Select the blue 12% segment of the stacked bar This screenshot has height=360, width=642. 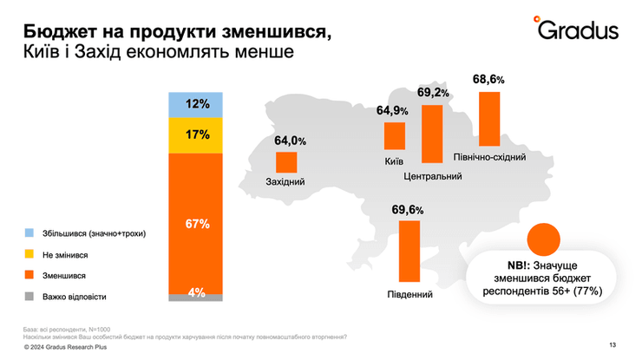tap(196, 104)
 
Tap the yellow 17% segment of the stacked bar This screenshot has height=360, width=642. tap(196, 134)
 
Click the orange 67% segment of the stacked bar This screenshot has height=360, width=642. tap(196, 223)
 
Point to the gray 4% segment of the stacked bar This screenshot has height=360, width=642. tap(196, 294)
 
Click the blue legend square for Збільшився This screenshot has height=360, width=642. tap(29, 233)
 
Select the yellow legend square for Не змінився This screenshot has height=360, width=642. tap(29, 254)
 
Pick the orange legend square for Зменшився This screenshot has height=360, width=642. tap(29, 275)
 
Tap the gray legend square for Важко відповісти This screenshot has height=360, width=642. tap(29, 296)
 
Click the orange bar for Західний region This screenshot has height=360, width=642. tap(286, 162)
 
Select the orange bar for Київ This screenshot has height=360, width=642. tap(395, 136)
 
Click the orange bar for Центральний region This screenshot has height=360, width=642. tap(432, 134)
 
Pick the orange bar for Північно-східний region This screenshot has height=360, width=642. tap(490, 119)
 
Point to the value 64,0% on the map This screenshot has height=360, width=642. tap(291, 141)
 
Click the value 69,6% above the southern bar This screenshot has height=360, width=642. tap(408, 210)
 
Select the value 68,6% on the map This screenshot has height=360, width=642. tap(488, 79)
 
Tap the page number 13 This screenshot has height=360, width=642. tap(613, 346)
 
